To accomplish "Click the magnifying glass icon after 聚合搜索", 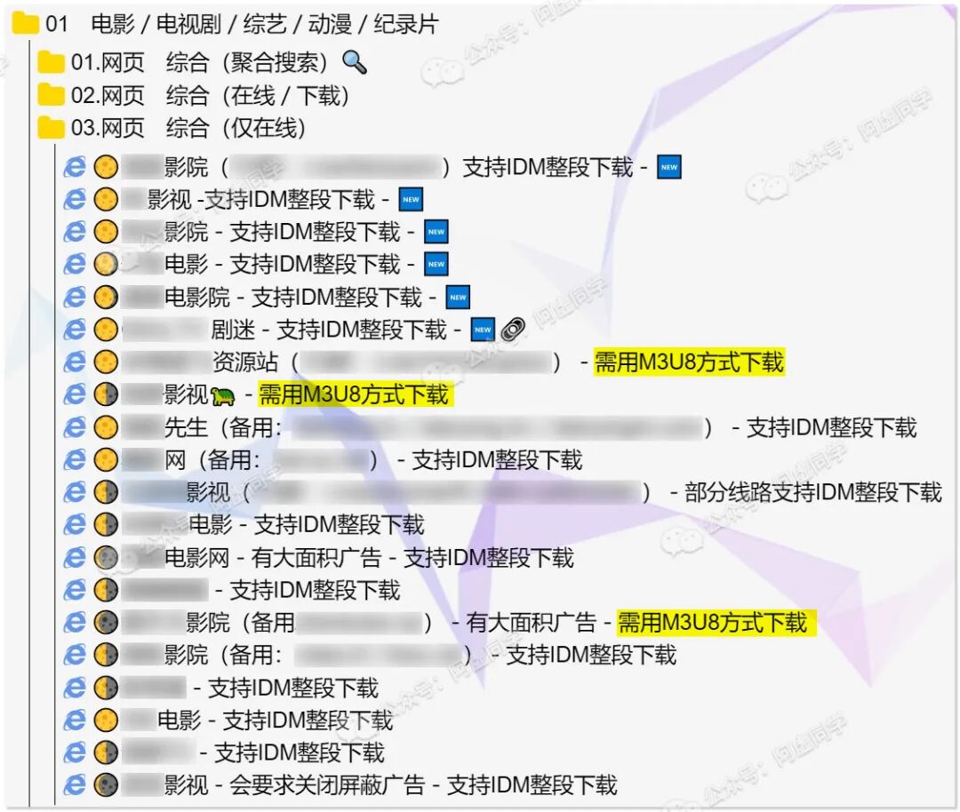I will pyautogui.click(x=355, y=62).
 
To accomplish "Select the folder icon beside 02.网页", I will pyautogui.click(x=52, y=95).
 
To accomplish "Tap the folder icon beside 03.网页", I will pyautogui.click(x=52, y=128).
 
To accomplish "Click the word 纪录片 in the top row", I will pyautogui.click(x=406, y=24).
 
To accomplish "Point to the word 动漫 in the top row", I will pyautogui.click(x=330, y=24).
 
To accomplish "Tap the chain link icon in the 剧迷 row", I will pyautogui.click(x=513, y=330).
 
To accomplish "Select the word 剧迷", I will pyautogui.click(x=233, y=330).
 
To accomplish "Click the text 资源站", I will pyautogui.click(x=245, y=362).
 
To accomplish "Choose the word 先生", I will pyautogui.click(x=186, y=427).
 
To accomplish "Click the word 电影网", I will pyautogui.click(x=196, y=558).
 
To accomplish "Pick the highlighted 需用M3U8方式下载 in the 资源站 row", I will pyautogui.click(x=689, y=362).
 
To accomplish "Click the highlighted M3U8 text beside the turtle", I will pyautogui.click(x=354, y=394).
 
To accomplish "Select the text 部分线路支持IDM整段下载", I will pyautogui.click(x=812, y=492).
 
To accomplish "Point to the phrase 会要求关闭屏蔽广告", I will pyautogui.click(x=326, y=785).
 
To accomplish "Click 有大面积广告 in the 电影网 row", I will pyautogui.click(x=316, y=558).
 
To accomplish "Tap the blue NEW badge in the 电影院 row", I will pyautogui.click(x=458, y=298).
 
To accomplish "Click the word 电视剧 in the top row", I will pyautogui.click(x=188, y=24).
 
